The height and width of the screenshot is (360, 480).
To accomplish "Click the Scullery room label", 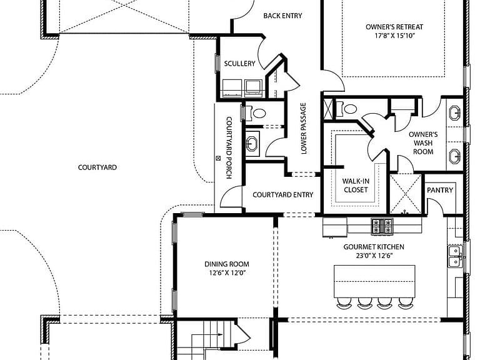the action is [239, 63].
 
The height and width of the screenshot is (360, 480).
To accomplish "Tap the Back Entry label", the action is [282, 16].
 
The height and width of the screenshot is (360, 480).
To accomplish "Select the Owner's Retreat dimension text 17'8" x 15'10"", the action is [394, 36].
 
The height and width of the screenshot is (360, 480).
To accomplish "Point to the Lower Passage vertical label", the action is [303, 128].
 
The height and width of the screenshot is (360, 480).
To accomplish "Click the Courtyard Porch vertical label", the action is [229, 147].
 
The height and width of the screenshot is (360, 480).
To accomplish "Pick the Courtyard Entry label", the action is [283, 195].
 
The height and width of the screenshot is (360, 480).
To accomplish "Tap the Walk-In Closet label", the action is [356, 185].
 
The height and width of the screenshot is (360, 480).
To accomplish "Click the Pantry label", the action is [440, 190].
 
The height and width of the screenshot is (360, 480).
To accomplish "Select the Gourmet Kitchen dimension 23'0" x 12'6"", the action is [374, 255].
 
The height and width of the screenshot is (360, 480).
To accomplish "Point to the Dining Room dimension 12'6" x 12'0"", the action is [226, 272].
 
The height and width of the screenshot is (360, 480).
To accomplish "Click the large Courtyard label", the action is [97, 167].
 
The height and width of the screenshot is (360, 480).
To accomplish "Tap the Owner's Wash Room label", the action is [423, 143].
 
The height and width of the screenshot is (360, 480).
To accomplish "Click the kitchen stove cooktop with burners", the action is [382, 226].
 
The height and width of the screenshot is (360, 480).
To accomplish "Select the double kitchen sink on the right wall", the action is [455, 256].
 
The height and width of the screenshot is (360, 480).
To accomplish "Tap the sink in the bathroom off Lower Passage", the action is [252, 144].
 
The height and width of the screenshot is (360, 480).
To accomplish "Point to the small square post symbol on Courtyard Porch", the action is [219, 158].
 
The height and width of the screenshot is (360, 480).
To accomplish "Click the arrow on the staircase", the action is [219, 335].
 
